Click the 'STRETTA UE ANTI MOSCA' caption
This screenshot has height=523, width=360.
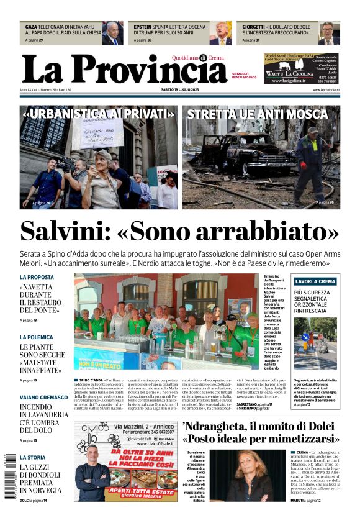tap(257, 114)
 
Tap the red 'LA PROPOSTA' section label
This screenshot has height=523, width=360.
tap(37, 277)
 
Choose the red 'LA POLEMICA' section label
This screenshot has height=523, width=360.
tap(37, 337)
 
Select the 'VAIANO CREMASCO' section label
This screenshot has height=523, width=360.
tap(43, 397)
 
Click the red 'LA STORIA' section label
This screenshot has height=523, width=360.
tap(32, 457)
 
